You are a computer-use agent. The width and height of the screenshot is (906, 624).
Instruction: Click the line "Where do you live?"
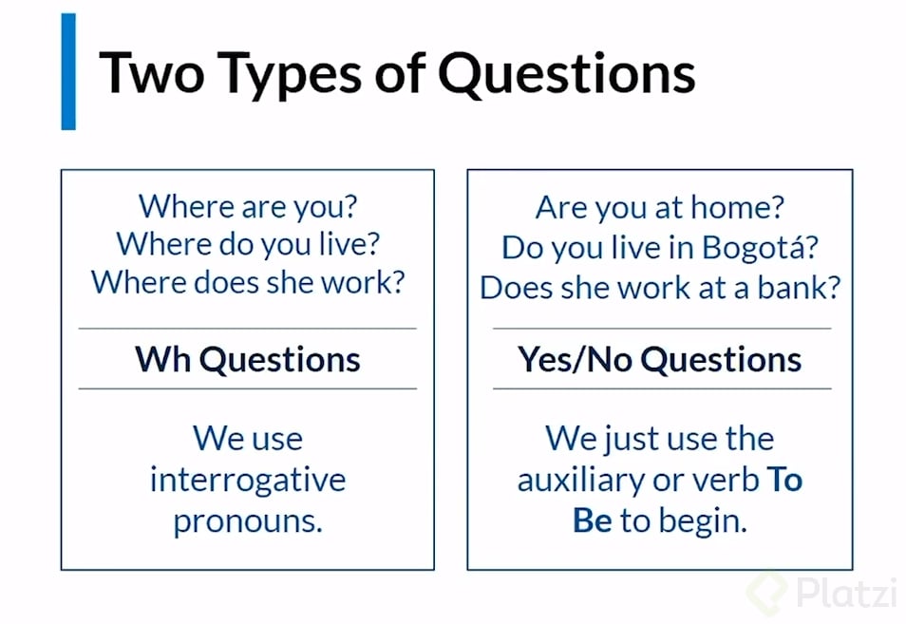(x=248, y=245)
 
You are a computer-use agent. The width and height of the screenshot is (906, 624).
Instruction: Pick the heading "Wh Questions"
(x=247, y=359)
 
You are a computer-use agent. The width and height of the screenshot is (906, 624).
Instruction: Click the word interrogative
(x=247, y=480)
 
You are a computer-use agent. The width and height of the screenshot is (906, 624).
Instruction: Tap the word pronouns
(x=247, y=520)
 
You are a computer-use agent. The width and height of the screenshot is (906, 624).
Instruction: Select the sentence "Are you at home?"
(x=660, y=206)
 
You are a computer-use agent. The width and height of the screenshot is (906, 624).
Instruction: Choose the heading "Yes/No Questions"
(x=660, y=359)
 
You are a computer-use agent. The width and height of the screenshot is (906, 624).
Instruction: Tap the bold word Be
(x=593, y=520)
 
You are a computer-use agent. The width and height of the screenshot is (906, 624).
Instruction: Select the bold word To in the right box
(x=784, y=480)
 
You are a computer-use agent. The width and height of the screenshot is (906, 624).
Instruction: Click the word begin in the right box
(x=705, y=521)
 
